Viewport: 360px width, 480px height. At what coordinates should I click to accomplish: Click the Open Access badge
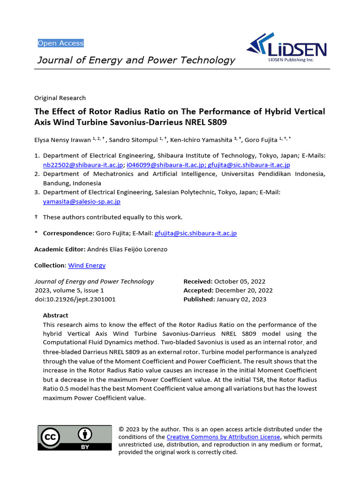tap(60, 43)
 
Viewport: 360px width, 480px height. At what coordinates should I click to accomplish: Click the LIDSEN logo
tap(286, 48)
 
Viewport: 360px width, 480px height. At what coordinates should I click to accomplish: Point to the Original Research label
tap(60, 98)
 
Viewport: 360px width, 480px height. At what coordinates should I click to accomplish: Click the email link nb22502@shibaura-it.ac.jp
tap(83, 165)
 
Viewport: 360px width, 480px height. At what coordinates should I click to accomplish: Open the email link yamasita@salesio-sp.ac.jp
tap(82, 202)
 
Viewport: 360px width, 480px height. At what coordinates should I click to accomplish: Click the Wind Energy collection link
tap(87, 265)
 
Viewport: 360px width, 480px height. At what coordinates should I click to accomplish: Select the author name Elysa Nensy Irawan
tap(62, 139)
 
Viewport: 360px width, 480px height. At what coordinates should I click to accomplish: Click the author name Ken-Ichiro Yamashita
tap(201, 139)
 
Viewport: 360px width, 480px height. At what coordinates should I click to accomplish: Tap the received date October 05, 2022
tap(240, 282)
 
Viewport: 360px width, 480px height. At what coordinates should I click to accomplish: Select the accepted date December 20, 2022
tap(243, 291)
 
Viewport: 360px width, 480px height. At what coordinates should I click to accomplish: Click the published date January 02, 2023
tap(241, 300)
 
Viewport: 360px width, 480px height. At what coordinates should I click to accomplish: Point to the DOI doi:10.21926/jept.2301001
tap(75, 300)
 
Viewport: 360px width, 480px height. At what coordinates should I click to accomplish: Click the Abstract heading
tap(55, 315)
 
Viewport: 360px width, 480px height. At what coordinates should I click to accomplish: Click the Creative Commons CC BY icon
tap(75, 438)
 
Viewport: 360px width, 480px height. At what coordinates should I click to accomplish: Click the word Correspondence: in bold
tap(68, 233)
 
